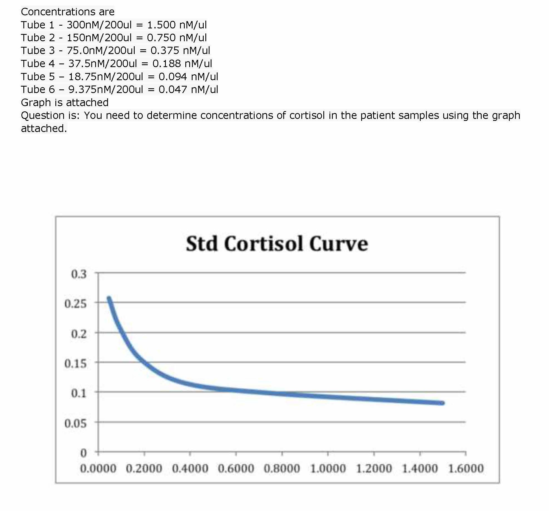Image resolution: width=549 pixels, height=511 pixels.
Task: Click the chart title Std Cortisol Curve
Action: (x=277, y=244)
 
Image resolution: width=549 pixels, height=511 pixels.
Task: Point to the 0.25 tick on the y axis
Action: (x=75, y=304)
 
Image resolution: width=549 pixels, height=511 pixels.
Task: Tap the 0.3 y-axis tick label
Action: (x=79, y=274)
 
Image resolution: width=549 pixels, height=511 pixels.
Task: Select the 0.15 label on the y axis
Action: (x=75, y=363)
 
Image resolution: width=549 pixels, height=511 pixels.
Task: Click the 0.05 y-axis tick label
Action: (x=75, y=423)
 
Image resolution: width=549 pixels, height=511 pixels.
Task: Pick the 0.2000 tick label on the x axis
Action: (x=144, y=468)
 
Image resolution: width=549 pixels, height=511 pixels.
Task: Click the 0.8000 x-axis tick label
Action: (x=282, y=468)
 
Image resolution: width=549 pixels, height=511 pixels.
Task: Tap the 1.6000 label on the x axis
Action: (x=466, y=468)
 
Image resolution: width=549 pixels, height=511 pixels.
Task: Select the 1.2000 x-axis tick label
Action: (x=374, y=468)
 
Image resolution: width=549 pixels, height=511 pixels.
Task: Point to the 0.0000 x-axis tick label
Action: (x=98, y=468)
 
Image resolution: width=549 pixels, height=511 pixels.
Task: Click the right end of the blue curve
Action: (x=442, y=403)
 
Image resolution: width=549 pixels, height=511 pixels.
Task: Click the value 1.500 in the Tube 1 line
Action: (x=161, y=25)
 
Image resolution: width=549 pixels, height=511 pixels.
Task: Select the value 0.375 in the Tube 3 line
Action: (x=165, y=50)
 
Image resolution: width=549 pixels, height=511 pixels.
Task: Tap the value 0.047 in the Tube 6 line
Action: (x=173, y=89)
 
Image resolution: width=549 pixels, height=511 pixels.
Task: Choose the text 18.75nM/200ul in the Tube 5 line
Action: (x=105, y=77)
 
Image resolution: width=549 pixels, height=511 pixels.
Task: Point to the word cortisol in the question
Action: (x=307, y=115)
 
